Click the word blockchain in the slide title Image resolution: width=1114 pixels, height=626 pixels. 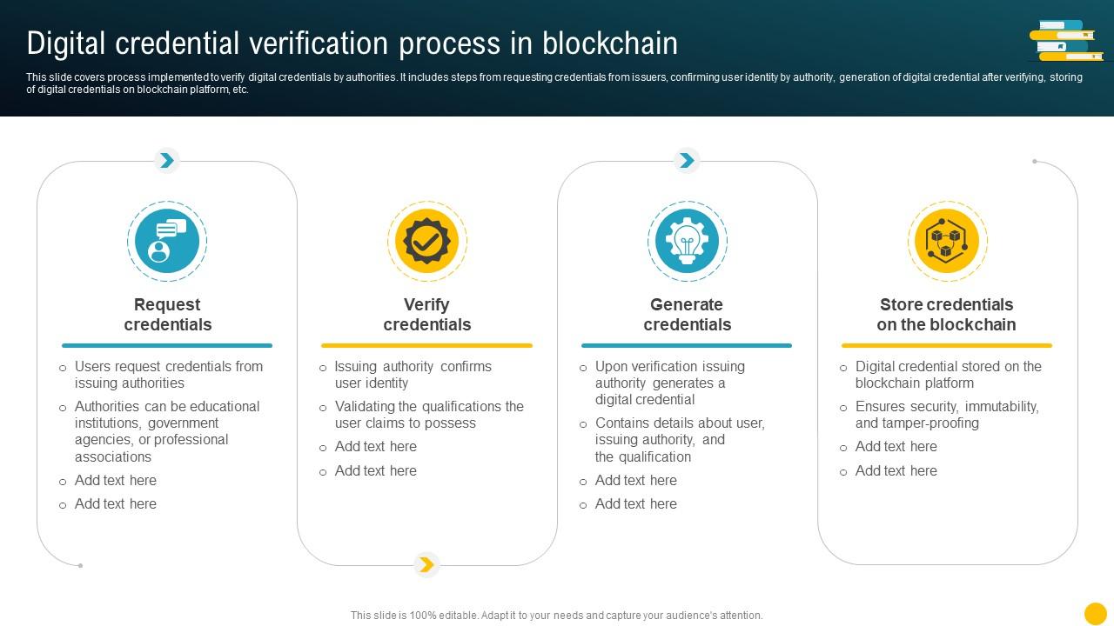tap(609, 43)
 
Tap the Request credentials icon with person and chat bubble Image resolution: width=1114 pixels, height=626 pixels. tap(166, 241)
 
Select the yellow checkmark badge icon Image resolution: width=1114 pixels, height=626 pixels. tap(426, 241)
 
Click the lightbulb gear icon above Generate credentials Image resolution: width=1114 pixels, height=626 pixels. tap(687, 241)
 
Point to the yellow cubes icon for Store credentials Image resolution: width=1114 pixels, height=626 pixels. tap(947, 241)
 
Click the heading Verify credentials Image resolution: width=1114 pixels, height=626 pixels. tap(426, 315)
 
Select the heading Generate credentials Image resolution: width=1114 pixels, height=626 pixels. tap(687, 315)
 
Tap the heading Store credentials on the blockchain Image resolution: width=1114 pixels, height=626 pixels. tap(947, 315)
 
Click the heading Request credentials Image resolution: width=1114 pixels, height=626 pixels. tap(167, 315)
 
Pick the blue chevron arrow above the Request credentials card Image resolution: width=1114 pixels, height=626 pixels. tap(166, 160)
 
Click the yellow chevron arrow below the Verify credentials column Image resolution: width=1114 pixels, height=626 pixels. tap(426, 565)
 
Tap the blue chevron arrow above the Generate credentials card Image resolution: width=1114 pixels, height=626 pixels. tap(687, 160)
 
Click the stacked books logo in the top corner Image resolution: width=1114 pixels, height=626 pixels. tap(1066, 41)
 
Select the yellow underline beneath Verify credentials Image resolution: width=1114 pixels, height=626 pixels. tap(426, 345)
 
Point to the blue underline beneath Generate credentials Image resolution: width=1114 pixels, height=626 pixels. tap(687, 345)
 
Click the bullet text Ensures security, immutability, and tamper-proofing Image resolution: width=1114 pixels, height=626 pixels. tap(947, 415)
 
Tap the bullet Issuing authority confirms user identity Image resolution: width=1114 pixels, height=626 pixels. tap(413, 375)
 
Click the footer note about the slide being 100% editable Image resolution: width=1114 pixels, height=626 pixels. tap(557, 616)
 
